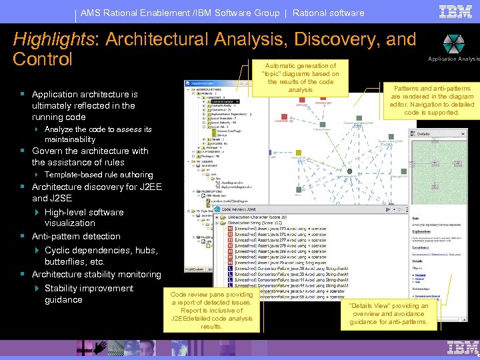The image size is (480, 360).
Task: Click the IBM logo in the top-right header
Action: [x=456, y=12]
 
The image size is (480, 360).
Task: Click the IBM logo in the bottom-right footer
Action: [x=463, y=347]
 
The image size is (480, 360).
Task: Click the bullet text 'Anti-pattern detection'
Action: [x=76, y=236]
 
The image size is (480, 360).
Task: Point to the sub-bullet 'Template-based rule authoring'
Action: [x=98, y=175]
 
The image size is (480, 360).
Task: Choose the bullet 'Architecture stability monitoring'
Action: [x=96, y=274]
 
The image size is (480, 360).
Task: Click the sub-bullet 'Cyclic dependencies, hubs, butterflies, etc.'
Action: [x=101, y=256]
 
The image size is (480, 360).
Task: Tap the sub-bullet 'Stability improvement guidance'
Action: [x=89, y=294]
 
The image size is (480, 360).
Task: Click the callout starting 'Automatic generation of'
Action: [x=301, y=78]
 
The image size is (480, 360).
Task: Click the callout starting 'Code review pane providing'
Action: [x=211, y=310]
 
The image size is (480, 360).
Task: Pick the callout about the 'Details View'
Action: [x=389, y=314]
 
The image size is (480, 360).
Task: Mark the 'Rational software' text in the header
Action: [x=328, y=13]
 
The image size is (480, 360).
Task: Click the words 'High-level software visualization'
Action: [x=83, y=217]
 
